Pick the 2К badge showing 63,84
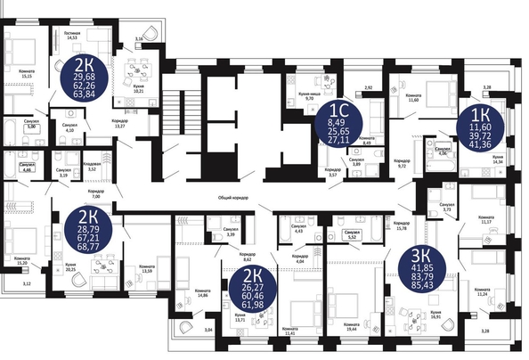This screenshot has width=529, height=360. pos(86,76)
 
